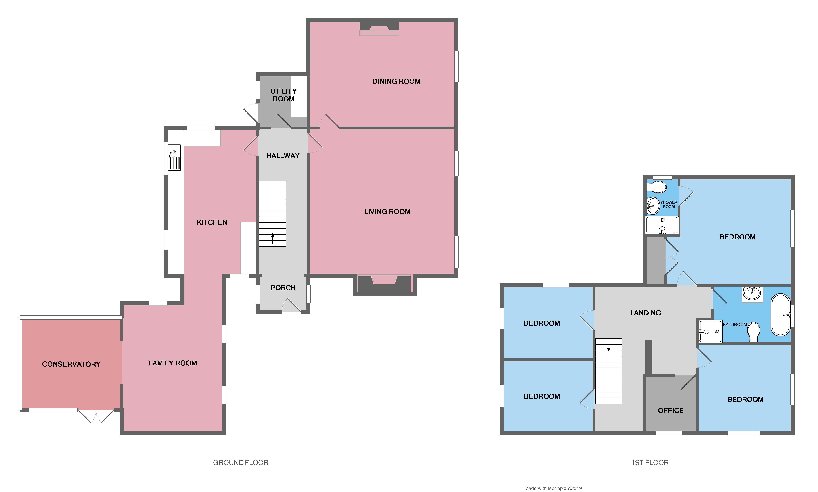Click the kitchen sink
pyautogui.click(x=174, y=157)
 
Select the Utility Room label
pyautogui.click(x=283, y=95)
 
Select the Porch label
pyautogui.click(x=283, y=288)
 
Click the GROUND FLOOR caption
pyautogui.click(x=241, y=462)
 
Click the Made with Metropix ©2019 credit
pyautogui.click(x=553, y=488)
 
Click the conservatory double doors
pyautogui.click(x=96, y=416)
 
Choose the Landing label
pyautogui.click(x=645, y=313)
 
